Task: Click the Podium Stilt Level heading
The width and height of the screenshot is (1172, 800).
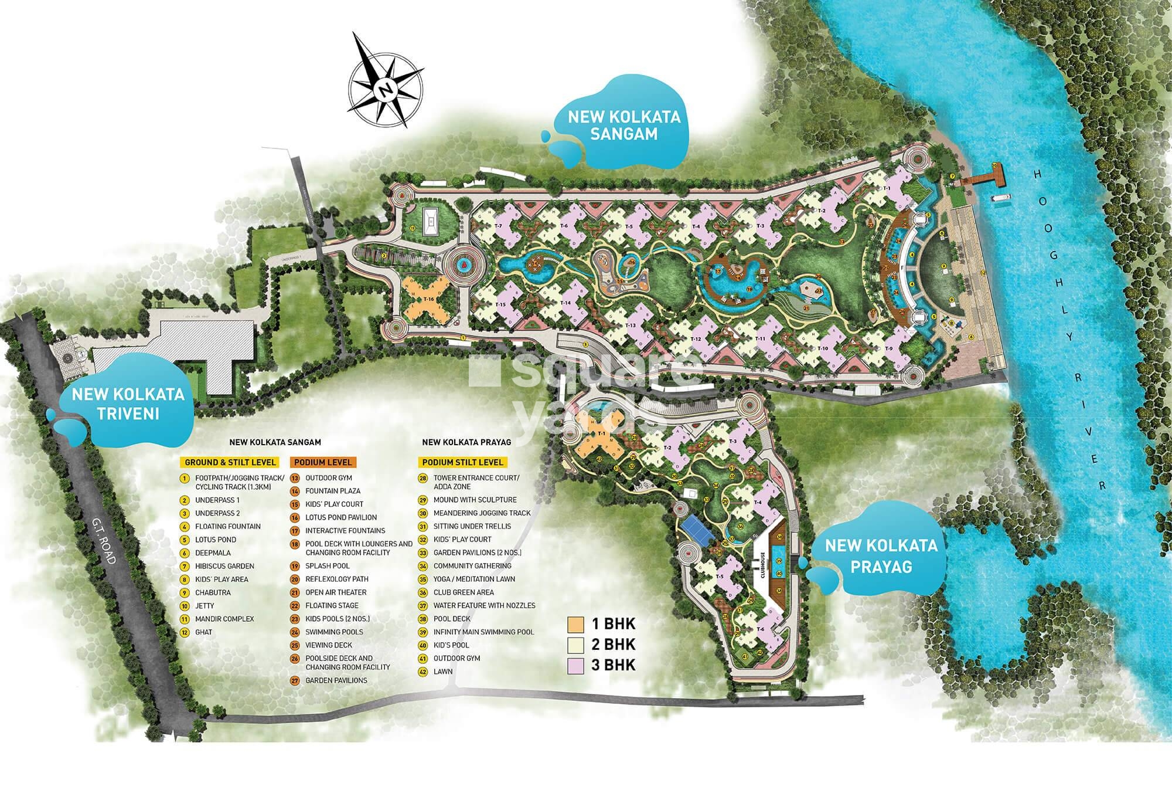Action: (462, 462)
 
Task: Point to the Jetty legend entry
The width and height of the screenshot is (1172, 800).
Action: (205, 606)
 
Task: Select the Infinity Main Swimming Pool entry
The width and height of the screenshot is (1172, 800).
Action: (483, 632)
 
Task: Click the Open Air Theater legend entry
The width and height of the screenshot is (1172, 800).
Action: (335, 592)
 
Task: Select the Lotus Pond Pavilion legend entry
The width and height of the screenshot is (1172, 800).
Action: (340, 517)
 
